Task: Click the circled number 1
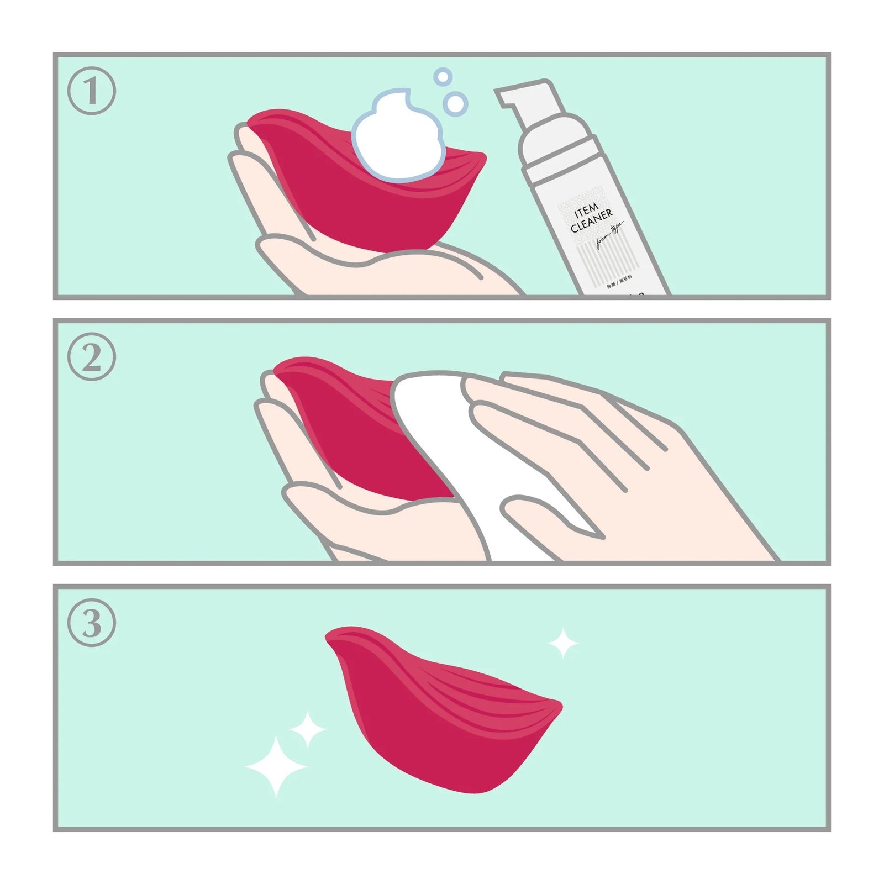pos(92,91)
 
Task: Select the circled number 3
pos(92,623)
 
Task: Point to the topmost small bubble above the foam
pos(443,77)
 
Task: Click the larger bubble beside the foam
pos(455,103)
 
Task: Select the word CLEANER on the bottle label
pos(592,220)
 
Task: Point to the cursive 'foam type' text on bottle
pos(609,235)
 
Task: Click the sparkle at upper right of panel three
pos(562,643)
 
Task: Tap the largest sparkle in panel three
pos(276,766)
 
